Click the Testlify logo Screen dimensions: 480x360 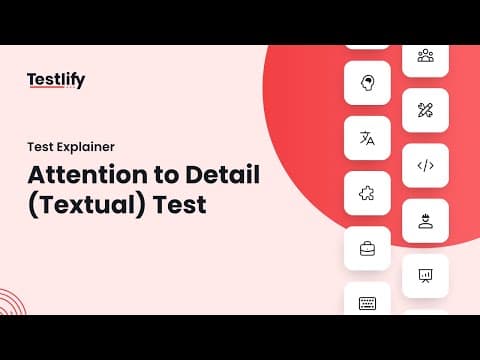click(x=56, y=80)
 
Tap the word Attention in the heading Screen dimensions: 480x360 click(x=87, y=175)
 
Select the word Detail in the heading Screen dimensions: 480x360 click(x=223, y=174)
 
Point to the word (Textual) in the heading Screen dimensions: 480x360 click(x=87, y=205)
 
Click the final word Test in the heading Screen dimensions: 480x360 click(x=180, y=204)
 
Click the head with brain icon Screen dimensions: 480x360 click(x=367, y=83)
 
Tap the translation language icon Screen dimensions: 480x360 click(x=367, y=138)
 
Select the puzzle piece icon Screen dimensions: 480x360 click(x=367, y=193)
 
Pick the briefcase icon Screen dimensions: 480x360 click(x=367, y=249)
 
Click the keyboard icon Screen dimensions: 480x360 click(x=367, y=303)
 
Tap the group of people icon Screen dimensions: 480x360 click(x=426, y=56)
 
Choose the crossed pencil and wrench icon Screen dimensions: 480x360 click(x=425, y=110)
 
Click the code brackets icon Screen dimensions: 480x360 click(x=426, y=165)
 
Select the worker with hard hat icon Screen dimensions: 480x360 click(x=425, y=221)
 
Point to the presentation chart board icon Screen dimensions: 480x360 click(x=425, y=276)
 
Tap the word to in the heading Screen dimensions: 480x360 click(x=166, y=175)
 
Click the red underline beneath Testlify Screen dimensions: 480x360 click(x=46, y=87)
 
